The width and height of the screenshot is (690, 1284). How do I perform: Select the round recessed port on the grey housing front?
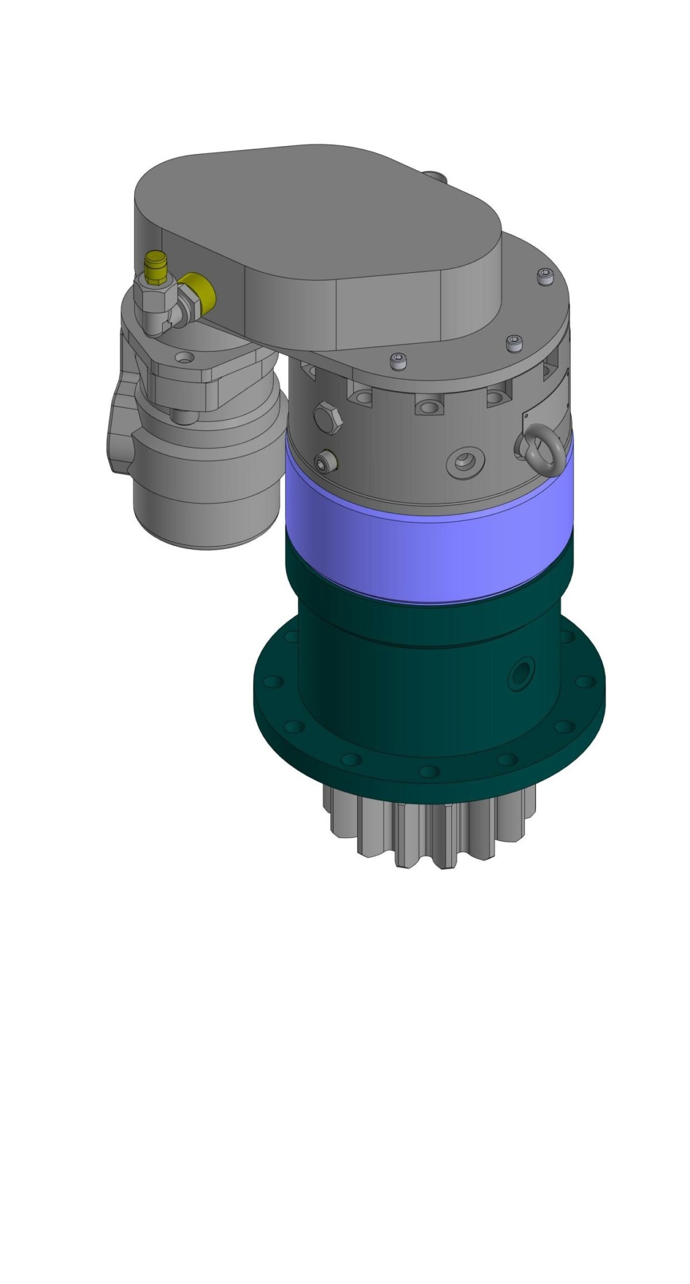tap(464, 460)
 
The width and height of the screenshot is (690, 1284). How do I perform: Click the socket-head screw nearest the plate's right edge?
tap(545, 276)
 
